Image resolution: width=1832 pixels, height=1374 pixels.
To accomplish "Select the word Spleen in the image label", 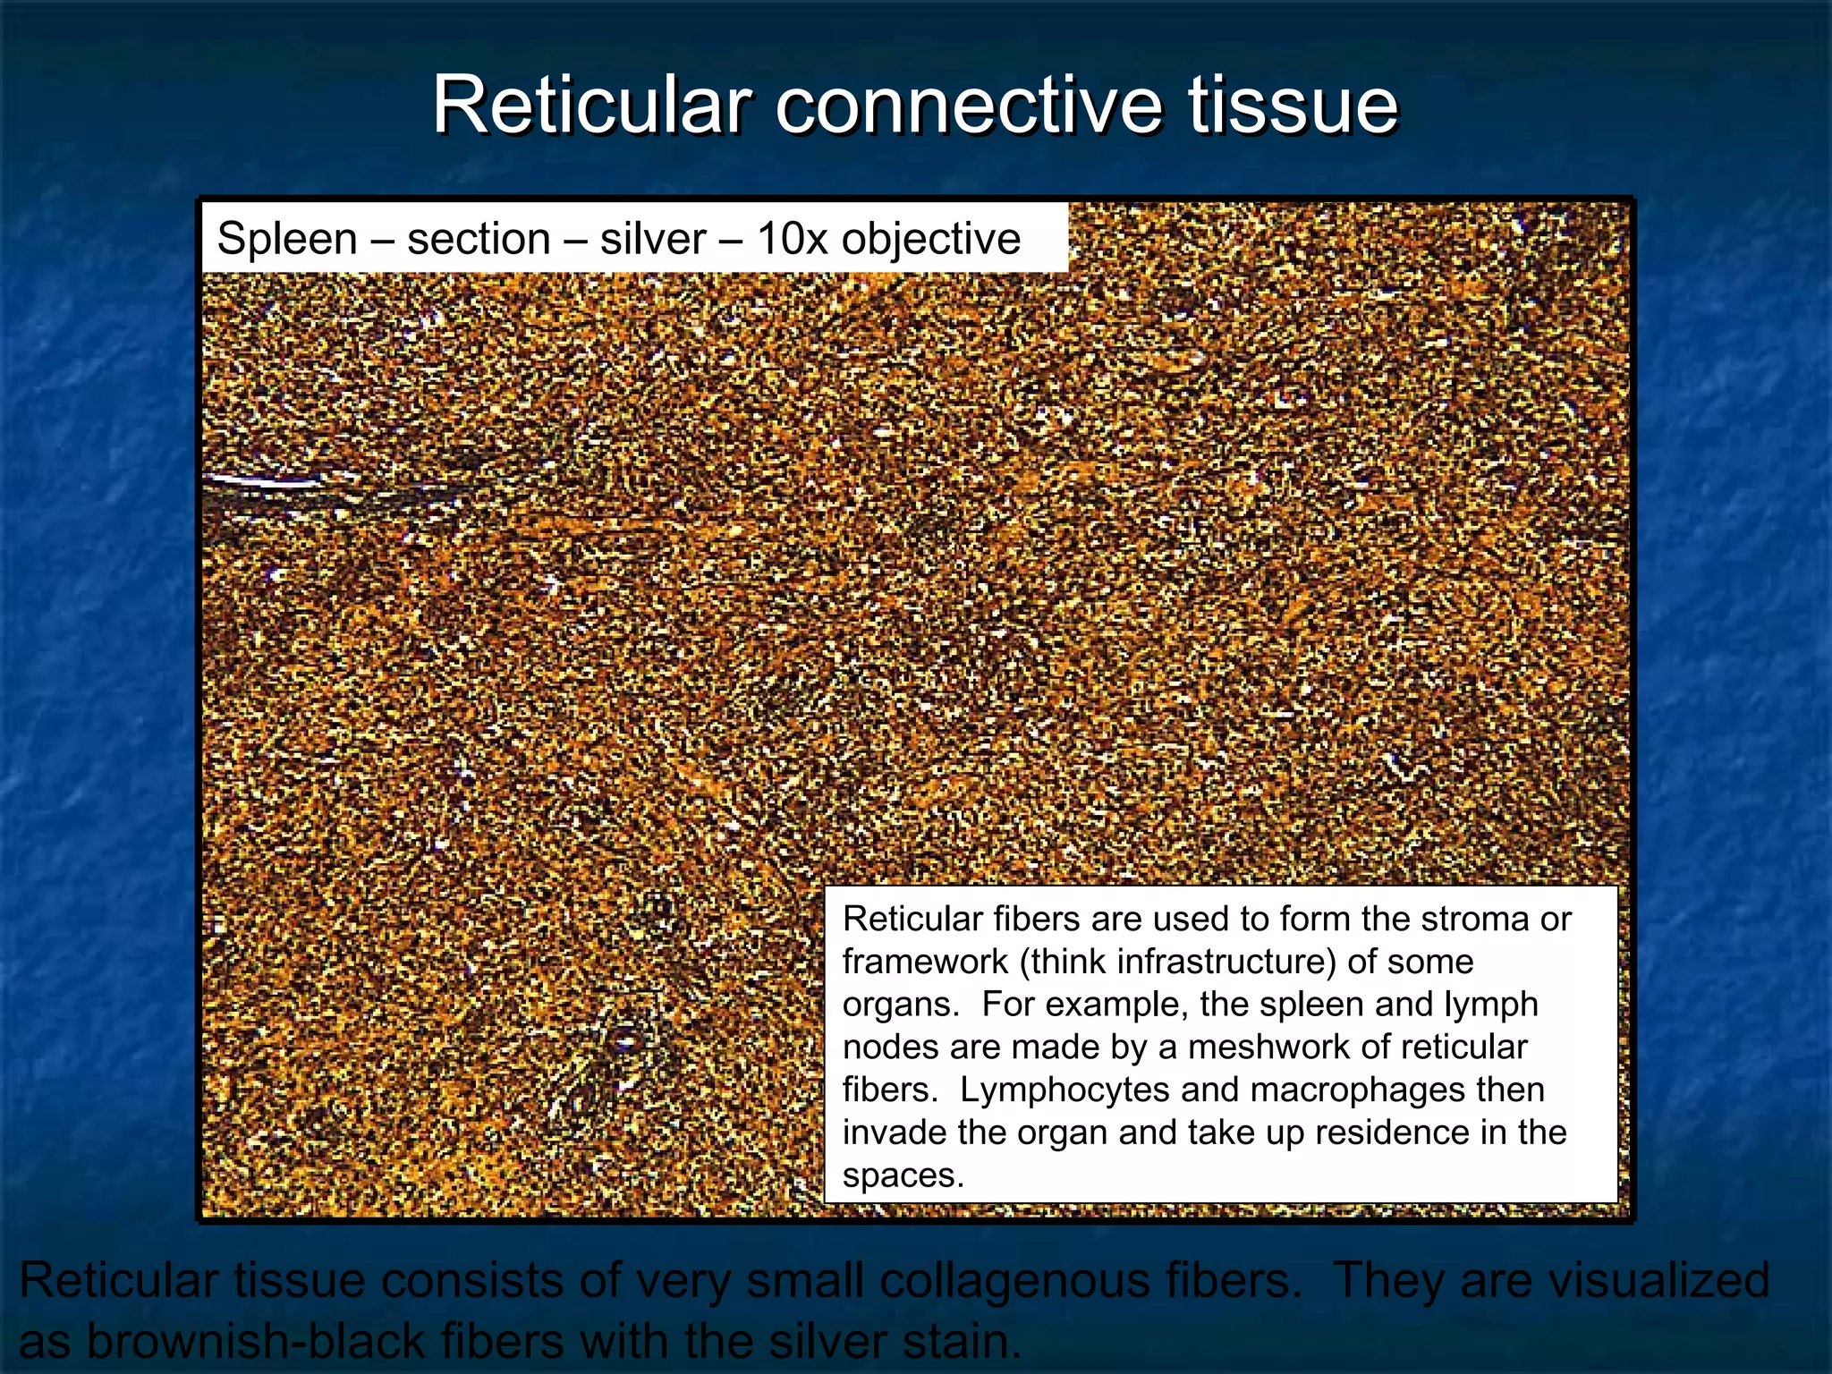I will point(286,239).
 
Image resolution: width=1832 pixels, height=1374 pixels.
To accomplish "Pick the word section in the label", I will point(479,239).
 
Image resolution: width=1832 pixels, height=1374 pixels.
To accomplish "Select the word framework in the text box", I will point(925,962).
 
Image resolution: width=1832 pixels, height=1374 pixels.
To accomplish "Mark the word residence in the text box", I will point(1391,1132).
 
